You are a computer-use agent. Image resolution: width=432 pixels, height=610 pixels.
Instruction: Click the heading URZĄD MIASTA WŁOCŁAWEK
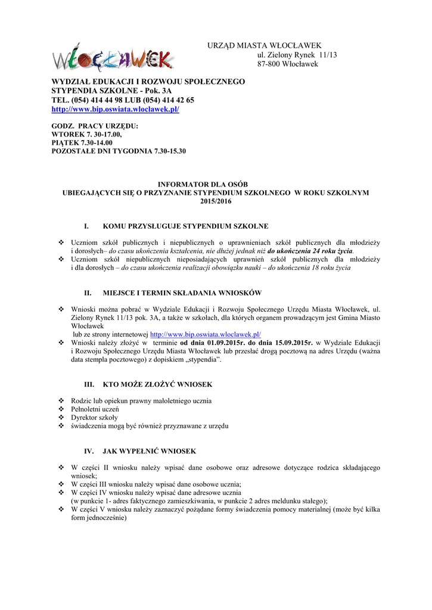click(x=264, y=46)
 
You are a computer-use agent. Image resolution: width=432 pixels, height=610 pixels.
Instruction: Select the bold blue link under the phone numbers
click(x=115, y=110)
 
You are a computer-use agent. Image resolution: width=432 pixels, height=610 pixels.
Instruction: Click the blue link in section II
click(x=206, y=335)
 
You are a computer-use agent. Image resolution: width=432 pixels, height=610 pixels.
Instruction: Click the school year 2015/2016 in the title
click(x=216, y=201)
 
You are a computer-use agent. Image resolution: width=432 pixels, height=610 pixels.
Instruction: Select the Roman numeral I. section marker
click(x=86, y=226)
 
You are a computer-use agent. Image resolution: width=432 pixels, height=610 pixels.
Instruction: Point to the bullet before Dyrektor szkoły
click(x=61, y=418)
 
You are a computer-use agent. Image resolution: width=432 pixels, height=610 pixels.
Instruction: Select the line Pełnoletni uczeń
click(x=95, y=409)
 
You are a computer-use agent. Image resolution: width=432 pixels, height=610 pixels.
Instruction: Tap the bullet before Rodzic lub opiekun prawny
click(x=61, y=401)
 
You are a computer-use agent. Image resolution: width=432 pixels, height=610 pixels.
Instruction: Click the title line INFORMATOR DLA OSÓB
click(x=216, y=185)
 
